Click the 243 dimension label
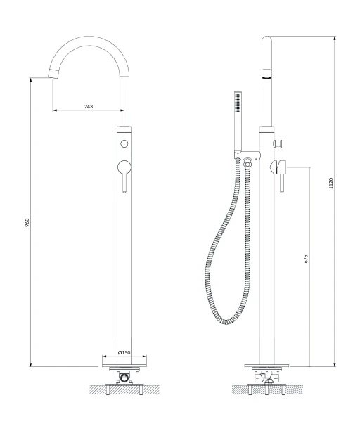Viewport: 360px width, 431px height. [89, 106]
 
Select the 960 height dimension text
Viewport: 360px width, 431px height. [27, 223]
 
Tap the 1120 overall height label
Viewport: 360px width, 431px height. [331, 184]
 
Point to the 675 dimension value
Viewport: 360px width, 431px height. [307, 259]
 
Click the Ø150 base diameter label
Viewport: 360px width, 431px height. [124, 353]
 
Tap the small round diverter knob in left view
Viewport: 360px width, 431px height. [124, 143]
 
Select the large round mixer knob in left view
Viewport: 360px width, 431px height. [124, 167]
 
